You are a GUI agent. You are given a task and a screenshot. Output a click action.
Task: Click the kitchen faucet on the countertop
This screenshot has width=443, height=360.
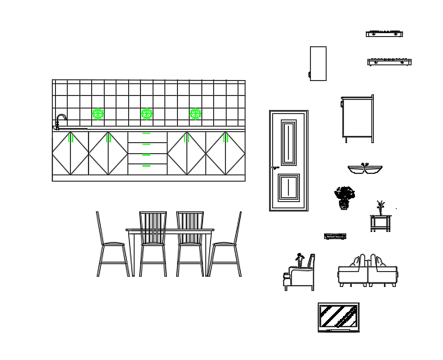[60, 121]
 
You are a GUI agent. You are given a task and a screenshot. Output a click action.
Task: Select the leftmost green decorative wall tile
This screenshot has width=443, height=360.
[98, 114]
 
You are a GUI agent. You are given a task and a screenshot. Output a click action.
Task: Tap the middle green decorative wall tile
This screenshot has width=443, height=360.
[146, 114]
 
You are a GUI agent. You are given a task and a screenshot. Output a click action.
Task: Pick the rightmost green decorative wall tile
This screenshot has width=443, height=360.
[195, 114]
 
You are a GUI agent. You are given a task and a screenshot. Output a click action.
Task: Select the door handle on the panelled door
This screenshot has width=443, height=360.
[275, 167]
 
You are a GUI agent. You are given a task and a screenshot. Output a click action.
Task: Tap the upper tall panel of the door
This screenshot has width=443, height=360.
[289, 141]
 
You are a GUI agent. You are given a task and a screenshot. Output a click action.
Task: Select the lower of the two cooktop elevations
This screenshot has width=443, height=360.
[389, 61]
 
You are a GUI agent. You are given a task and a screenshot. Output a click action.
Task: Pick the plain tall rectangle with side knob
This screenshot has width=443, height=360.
[318, 63]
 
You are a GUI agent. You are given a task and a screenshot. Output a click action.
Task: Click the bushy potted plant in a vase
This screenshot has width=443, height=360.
[344, 197]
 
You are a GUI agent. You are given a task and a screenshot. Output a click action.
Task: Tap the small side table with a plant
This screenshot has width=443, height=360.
[380, 220]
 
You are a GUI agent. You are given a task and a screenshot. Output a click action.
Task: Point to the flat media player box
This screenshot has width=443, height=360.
[335, 236]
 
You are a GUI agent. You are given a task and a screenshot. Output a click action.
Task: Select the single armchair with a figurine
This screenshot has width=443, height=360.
[300, 273]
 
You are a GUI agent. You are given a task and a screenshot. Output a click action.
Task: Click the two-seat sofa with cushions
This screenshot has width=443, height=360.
[367, 271]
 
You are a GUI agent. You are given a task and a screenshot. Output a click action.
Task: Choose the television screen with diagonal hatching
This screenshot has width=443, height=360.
[339, 317]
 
